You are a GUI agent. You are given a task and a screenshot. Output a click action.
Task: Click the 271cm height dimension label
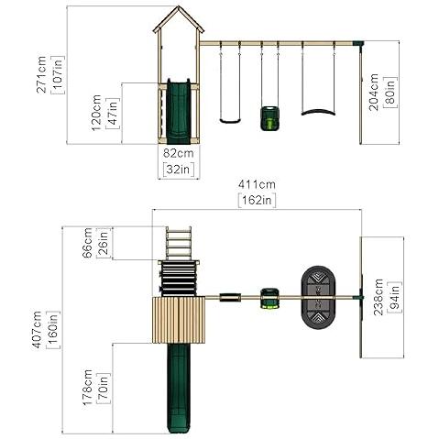coord(41,74)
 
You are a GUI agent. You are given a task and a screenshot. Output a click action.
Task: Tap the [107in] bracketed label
coord(58,74)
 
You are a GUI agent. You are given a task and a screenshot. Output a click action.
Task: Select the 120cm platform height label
coord(96,113)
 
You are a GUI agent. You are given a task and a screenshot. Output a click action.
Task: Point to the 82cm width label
coord(178,153)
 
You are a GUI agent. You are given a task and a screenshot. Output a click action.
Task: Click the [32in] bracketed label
coord(179,169)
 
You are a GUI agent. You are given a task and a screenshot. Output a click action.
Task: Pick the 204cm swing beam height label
coord(374,92)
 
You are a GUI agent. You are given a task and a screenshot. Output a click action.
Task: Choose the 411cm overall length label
coord(257,184)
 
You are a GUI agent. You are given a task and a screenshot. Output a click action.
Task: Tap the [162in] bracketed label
coord(257,201)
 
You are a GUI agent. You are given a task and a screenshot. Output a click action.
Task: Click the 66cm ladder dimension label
coord(87,243)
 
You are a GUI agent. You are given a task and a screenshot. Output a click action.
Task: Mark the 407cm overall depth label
coord(37,329)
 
